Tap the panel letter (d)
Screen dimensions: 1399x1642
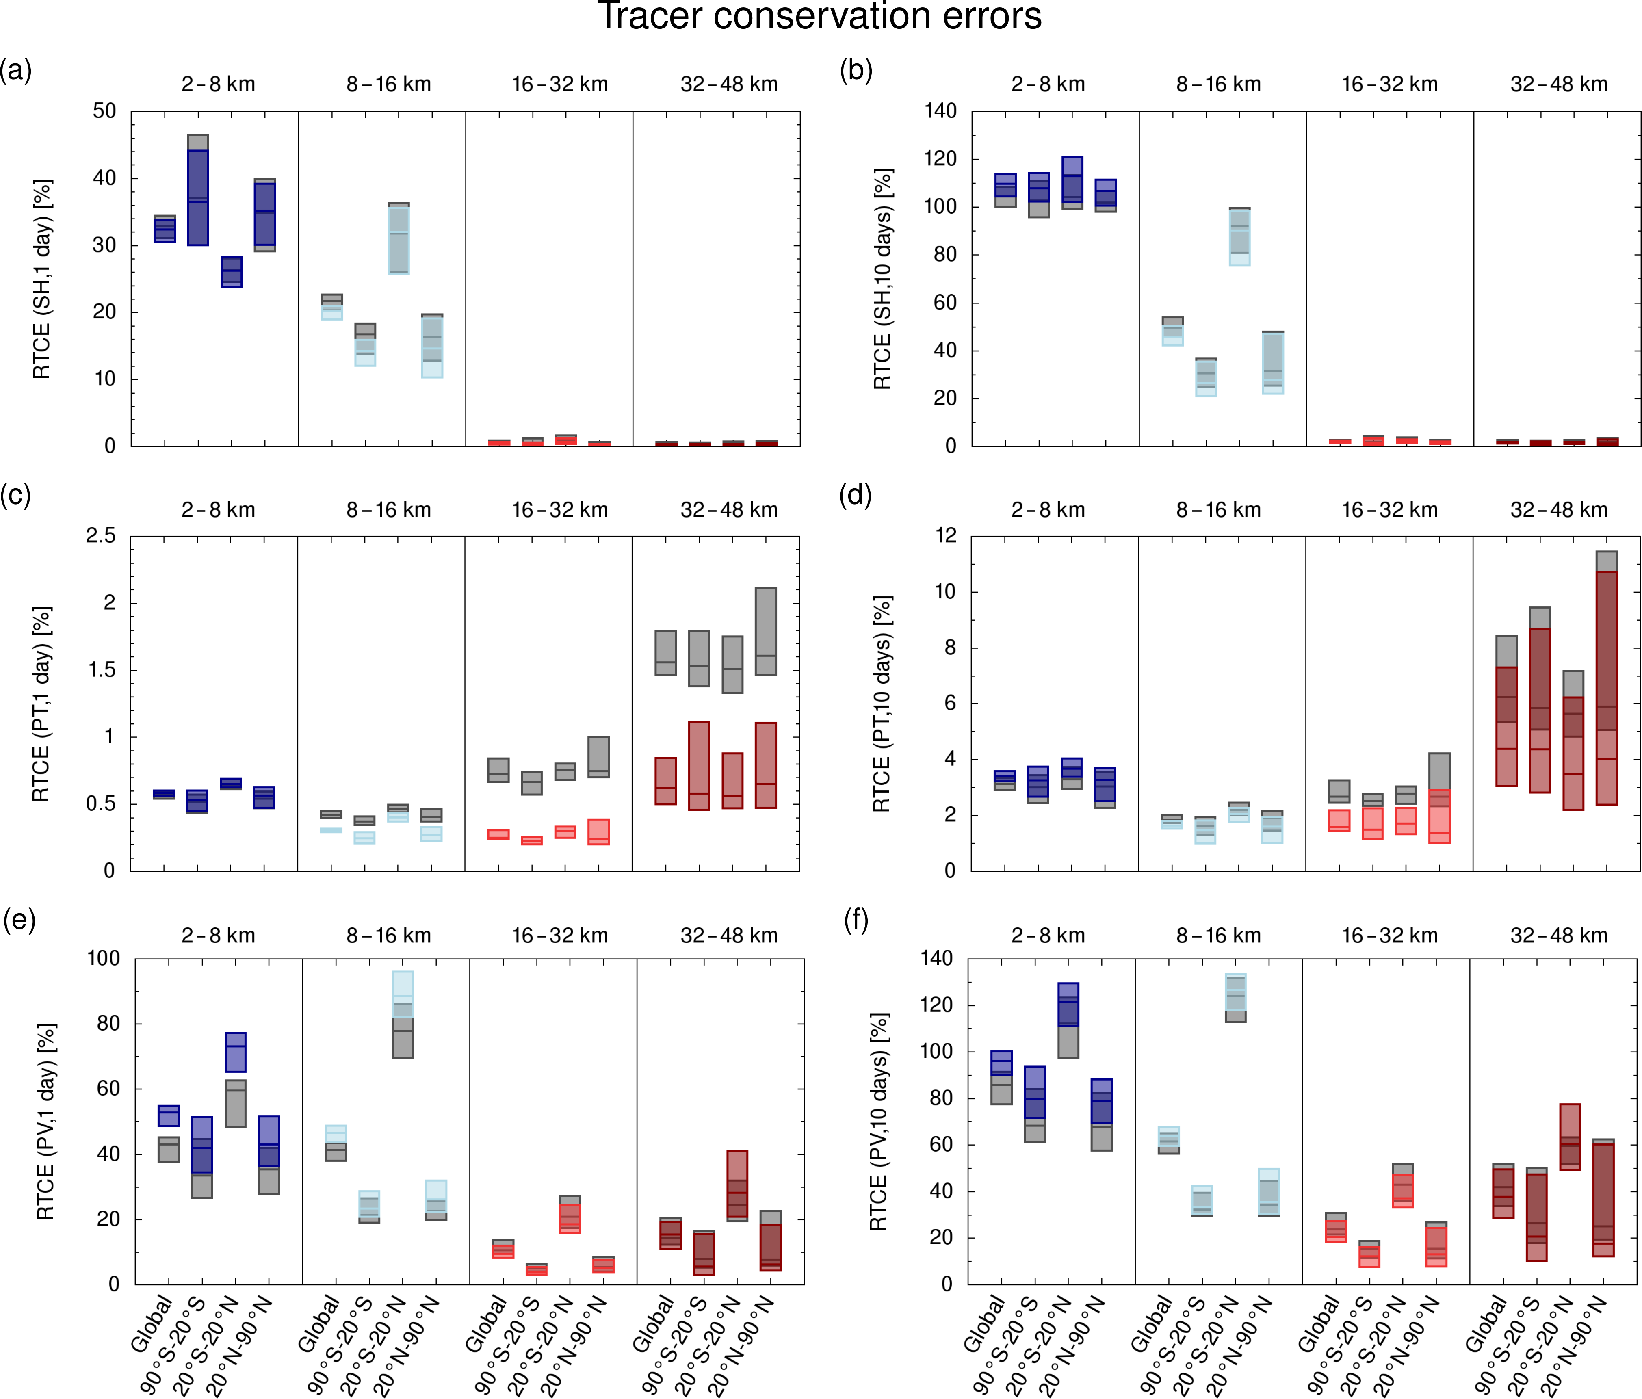pos(856,496)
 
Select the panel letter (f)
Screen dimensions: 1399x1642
pos(856,921)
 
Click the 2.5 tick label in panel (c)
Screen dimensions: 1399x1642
pos(101,537)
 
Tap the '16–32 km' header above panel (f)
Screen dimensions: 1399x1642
pos(1389,936)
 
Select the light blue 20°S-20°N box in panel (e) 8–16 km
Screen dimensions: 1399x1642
pos(403,994)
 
